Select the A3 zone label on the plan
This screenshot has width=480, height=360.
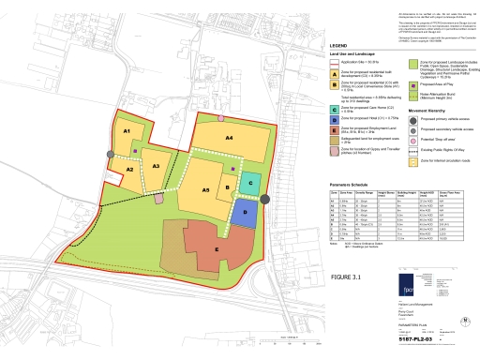(x=157, y=165)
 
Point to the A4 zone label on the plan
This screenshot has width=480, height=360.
(x=228, y=137)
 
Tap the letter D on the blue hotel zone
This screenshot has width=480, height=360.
(x=245, y=213)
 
